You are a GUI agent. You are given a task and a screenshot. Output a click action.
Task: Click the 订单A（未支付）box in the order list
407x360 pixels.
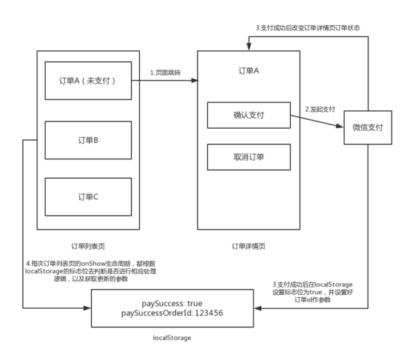(88, 81)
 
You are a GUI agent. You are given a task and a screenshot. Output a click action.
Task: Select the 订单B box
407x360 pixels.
(88, 140)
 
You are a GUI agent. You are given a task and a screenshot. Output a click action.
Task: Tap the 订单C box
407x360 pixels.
(88, 197)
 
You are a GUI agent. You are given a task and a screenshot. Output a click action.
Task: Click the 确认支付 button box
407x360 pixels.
(249, 115)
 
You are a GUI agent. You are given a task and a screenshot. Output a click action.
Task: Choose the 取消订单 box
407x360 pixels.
(249, 157)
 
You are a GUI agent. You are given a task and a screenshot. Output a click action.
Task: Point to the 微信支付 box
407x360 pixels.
(368, 127)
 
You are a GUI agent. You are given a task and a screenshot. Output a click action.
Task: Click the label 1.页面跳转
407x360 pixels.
(165, 73)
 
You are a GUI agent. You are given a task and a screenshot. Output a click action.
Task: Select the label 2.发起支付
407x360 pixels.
(320, 110)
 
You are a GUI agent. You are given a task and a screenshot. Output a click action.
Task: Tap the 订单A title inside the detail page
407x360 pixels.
(249, 70)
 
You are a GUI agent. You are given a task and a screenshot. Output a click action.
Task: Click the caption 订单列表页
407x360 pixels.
(88, 246)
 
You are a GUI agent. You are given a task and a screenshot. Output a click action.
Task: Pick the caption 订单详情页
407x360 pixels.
(249, 246)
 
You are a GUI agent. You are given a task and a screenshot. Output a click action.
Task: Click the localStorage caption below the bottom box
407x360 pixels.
(172, 338)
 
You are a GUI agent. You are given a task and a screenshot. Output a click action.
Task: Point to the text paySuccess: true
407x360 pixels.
(172, 304)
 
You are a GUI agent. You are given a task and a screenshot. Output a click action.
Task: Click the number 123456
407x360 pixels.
(209, 313)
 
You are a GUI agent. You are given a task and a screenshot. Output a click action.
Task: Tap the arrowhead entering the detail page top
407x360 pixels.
(249, 47)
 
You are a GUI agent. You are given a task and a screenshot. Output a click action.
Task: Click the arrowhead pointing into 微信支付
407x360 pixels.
(340, 126)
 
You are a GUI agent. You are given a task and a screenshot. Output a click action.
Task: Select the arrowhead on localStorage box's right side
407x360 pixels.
(258, 308)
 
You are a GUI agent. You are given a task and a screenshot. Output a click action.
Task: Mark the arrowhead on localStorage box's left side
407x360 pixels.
(87, 308)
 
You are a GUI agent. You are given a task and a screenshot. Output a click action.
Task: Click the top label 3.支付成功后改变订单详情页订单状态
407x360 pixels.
(308, 28)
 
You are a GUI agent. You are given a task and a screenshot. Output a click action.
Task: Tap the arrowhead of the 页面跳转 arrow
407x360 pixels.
(195, 81)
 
